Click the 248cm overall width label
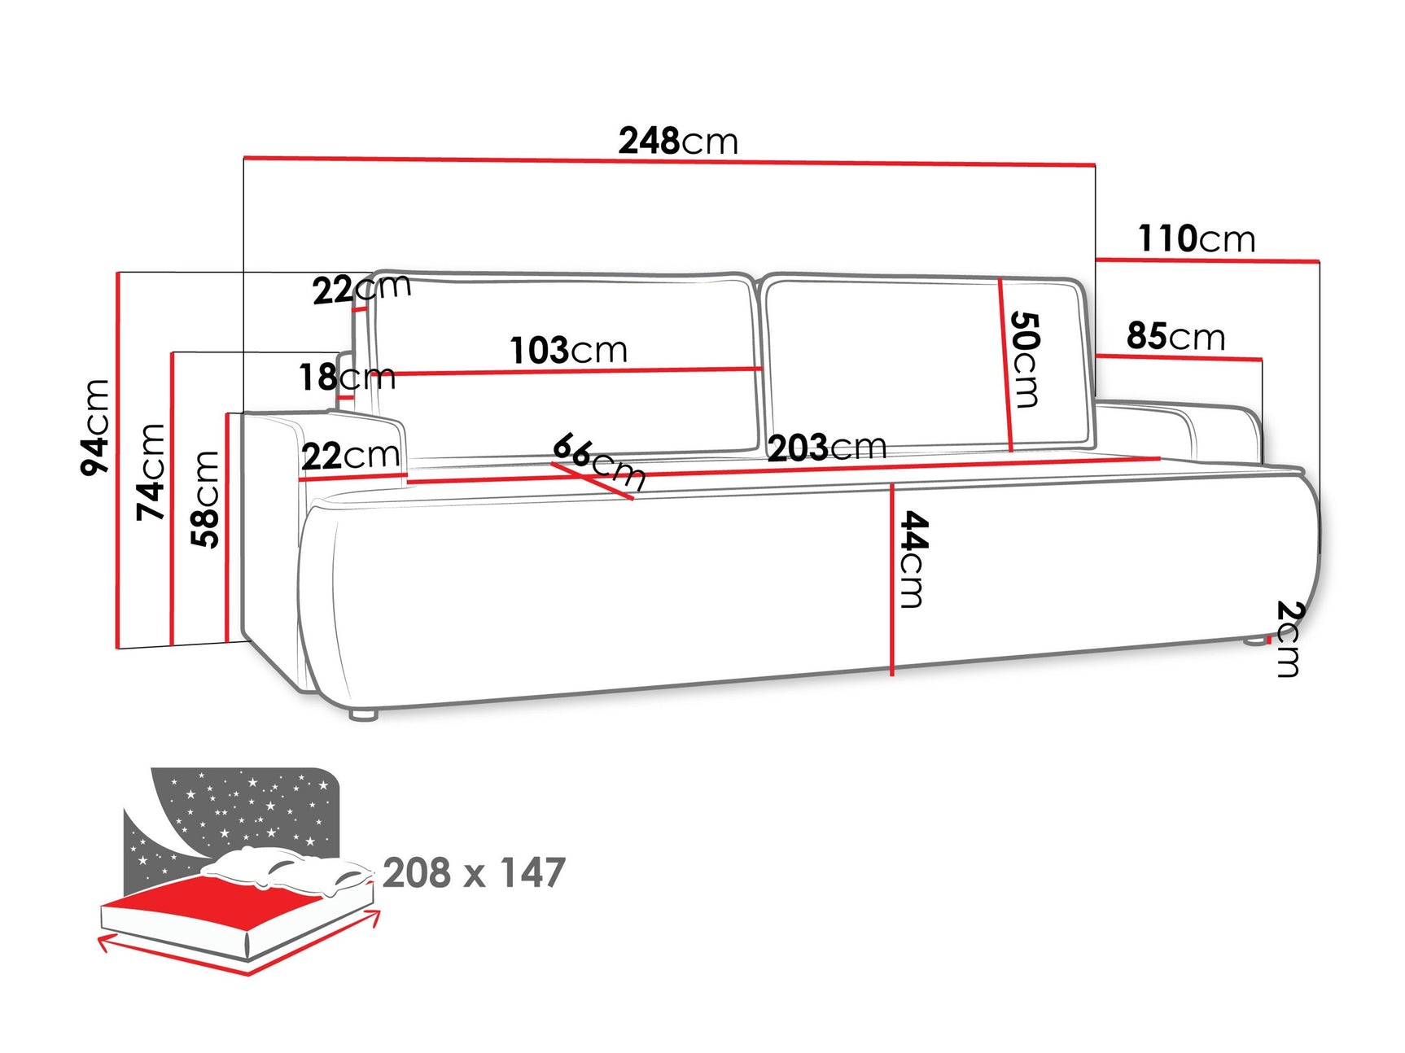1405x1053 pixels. tap(677, 141)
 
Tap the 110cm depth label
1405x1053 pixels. tap(1196, 239)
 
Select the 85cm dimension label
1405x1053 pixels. tap(1175, 336)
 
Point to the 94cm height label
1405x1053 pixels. tap(95, 426)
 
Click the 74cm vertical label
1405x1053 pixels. tap(151, 472)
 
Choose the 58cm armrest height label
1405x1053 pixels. tap(206, 499)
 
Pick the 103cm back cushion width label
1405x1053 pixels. tap(568, 351)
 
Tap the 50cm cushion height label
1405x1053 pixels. tap(1025, 359)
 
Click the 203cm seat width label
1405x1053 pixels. tap(826, 448)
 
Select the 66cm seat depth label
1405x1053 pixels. tap(598, 461)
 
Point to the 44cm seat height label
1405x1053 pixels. tap(913, 559)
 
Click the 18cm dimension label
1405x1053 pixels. tap(347, 377)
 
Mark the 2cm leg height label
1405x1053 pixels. tap(1289, 638)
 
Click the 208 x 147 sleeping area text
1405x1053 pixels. tap(474, 872)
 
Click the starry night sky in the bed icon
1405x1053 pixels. tap(244, 806)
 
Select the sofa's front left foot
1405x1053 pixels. tap(363, 714)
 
